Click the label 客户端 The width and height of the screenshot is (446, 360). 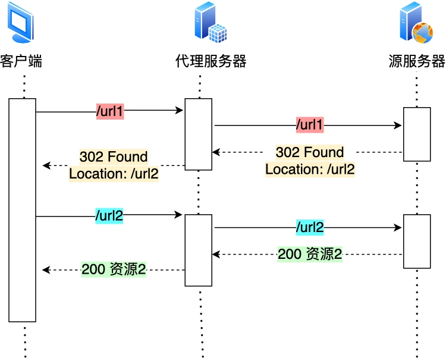(21, 61)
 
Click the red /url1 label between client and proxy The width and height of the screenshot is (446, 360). (110, 111)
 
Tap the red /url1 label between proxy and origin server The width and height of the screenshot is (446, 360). (310, 126)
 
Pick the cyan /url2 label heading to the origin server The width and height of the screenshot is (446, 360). (310, 227)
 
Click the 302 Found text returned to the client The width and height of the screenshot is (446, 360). (114, 157)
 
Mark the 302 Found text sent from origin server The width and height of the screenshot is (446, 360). (310, 152)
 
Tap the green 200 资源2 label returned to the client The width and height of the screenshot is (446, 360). (114, 270)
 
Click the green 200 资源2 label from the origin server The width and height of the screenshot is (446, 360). (310, 255)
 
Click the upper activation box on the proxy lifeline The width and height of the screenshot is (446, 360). (198, 134)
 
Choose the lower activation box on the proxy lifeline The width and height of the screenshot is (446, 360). (198, 250)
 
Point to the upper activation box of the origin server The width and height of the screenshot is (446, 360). (416, 134)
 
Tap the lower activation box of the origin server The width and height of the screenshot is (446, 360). (416, 241)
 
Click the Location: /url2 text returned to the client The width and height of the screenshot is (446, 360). (114, 174)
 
